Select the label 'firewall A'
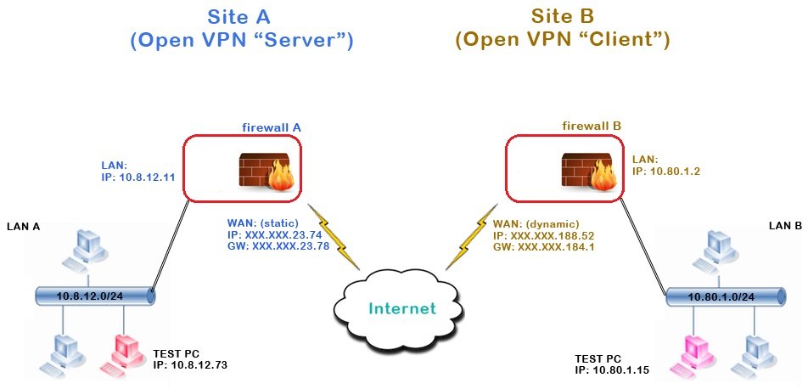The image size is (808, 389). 272,127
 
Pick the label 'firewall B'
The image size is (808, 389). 592,126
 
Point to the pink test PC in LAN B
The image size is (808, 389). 694,350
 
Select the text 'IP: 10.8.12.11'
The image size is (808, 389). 137,178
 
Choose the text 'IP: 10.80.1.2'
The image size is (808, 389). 666,171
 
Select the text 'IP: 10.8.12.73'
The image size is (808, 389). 191,364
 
